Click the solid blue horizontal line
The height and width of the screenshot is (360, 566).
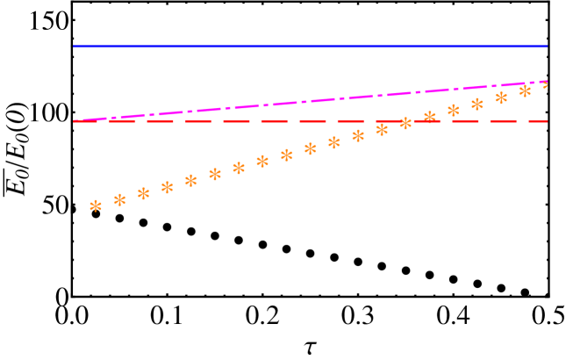click(x=307, y=47)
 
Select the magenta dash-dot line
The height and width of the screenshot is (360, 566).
click(x=307, y=101)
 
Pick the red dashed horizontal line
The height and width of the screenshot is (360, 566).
click(x=237, y=121)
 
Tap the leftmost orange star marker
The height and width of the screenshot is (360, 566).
click(x=96, y=205)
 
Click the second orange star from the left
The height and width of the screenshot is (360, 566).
click(x=119, y=199)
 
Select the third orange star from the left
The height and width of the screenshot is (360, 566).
click(x=143, y=193)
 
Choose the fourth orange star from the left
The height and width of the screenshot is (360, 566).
click(x=167, y=187)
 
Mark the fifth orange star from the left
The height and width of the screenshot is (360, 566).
click(x=190, y=180)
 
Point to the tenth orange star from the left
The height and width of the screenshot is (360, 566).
click(x=310, y=148)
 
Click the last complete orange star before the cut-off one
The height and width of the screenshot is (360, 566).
click(x=525, y=90)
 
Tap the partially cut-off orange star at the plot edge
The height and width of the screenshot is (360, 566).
click(x=546, y=84)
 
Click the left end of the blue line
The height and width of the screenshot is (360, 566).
click(x=75, y=47)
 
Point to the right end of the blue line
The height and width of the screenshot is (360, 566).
click(x=546, y=47)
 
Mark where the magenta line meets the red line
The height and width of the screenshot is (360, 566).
click(x=77, y=121)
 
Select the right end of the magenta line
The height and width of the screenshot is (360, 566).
click(x=545, y=82)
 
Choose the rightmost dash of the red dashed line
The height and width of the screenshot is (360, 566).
click(x=537, y=121)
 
